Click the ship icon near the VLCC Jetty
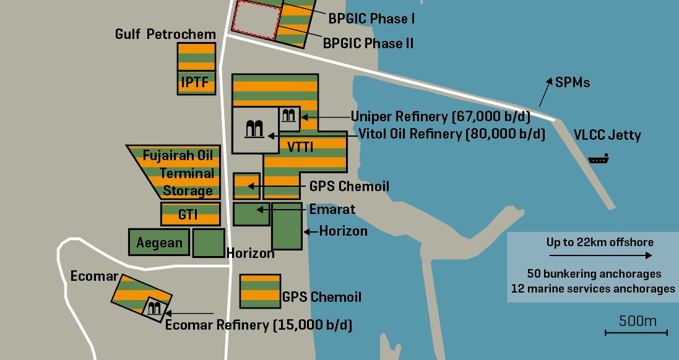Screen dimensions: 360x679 (x=599, y=160)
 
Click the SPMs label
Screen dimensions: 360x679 (x=573, y=82)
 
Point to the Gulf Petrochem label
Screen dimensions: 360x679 (x=165, y=34)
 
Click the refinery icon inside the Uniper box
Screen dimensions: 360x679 (x=289, y=116)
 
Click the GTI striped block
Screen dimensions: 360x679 (x=190, y=214)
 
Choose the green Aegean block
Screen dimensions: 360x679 (x=158, y=242)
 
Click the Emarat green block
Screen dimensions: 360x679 (x=251, y=214)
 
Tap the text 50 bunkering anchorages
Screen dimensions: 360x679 (x=594, y=273)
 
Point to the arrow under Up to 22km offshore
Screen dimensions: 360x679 (x=600, y=255)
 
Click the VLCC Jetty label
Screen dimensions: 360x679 (x=607, y=135)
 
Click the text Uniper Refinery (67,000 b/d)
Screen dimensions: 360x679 (x=448, y=116)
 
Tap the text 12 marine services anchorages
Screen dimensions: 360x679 (x=593, y=289)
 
